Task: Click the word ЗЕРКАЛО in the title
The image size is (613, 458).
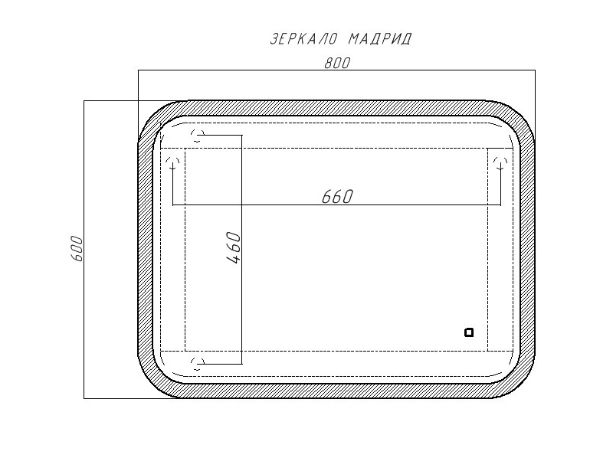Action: (303, 39)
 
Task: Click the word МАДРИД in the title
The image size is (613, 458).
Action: (380, 39)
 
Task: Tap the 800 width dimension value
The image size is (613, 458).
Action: (337, 63)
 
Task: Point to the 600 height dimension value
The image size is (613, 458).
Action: (77, 249)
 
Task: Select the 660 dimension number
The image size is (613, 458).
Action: (337, 197)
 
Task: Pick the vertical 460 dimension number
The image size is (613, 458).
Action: (234, 247)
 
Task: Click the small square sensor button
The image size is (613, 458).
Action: (469, 332)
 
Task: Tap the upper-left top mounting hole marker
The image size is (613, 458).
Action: (198, 136)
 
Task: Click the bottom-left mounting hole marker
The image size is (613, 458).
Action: (198, 364)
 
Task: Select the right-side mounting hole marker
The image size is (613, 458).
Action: (500, 162)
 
